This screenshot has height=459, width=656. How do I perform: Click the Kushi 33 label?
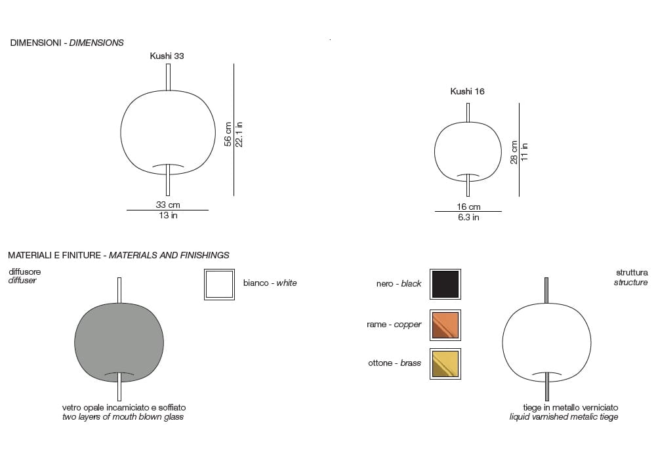pyautogui.click(x=167, y=56)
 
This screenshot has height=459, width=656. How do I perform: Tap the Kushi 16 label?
pyautogui.click(x=467, y=92)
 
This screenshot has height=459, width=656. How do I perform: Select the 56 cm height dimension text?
pyautogui.click(x=228, y=134)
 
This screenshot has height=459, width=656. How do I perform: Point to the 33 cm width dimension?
pyautogui.click(x=168, y=205)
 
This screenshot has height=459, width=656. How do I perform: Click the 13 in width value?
pyautogui.click(x=168, y=215)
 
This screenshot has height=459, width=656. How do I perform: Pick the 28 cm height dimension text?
pyautogui.click(x=514, y=152)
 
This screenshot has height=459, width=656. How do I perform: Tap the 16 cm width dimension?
pyautogui.click(x=468, y=207)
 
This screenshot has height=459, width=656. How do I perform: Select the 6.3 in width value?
pyautogui.click(x=468, y=218)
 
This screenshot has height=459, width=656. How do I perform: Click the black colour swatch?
pyautogui.click(x=445, y=285)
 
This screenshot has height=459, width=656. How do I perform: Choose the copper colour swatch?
pyautogui.click(x=445, y=325)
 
